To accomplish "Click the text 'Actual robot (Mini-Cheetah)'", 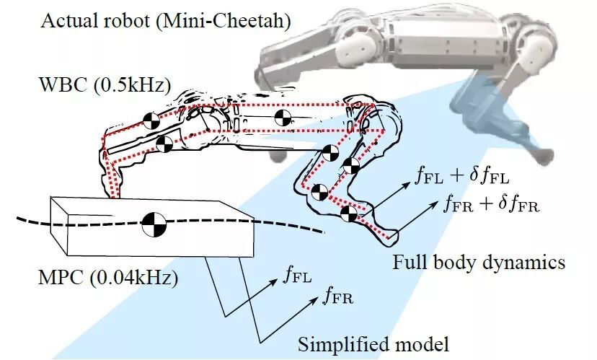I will (165, 19).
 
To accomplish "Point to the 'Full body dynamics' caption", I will (479, 261).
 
